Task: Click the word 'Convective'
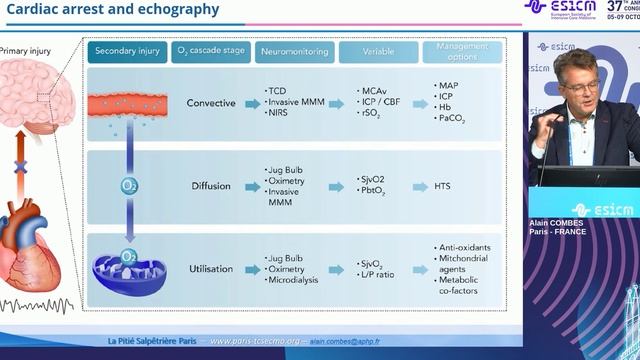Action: click(x=211, y=103)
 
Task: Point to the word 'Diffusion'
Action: click(x=212, y=186)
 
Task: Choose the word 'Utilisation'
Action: click(x=211, y=270)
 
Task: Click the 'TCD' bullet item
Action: click(x=277, y=91)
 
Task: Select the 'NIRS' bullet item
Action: click(x=279, y=115)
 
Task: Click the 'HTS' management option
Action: click(x=445, y=186)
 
